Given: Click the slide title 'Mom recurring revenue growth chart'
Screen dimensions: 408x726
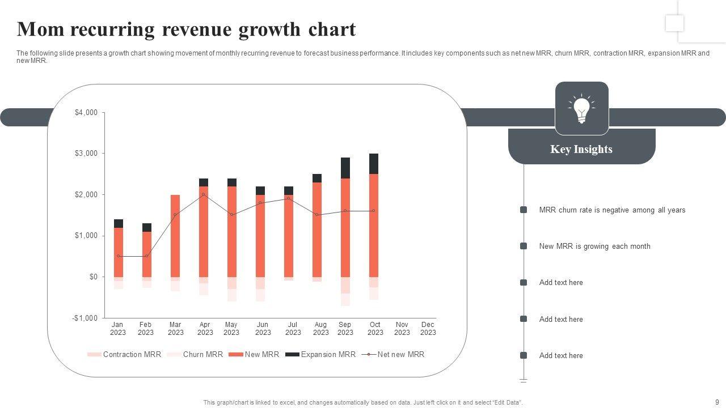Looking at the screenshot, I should [x=186, y=29].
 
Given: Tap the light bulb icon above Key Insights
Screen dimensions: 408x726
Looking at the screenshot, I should [x=581, y=109].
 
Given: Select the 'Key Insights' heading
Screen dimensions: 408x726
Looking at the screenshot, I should [x=581, y=149].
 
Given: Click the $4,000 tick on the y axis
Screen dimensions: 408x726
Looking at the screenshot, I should [x=86, y=113].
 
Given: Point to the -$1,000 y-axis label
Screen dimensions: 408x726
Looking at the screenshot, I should [x=85, y=318].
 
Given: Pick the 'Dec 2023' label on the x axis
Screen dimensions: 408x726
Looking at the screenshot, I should [x=428, y=329].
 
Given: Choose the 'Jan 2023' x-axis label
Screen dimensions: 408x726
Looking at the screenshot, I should [x=117, y=329].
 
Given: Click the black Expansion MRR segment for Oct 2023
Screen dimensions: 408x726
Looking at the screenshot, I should [x=374, y=164].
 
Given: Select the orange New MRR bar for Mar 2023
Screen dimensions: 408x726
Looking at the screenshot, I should [x=175, y=236].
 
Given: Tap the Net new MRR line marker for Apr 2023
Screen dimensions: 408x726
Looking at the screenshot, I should [x=204, y=194].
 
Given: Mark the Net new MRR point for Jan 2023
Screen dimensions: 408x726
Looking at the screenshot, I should [x=119, y=256].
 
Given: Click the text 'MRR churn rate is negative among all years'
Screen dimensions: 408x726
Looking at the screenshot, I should [x=612, y=210].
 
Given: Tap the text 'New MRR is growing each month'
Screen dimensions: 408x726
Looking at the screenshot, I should [x=594, y=246].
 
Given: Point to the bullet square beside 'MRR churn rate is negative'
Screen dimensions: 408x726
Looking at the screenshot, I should [x=524, y=210].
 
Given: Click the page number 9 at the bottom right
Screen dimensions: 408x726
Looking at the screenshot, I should [x=717, y=402].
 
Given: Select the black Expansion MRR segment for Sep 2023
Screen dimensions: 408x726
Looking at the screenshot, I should [x=345, y=168].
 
